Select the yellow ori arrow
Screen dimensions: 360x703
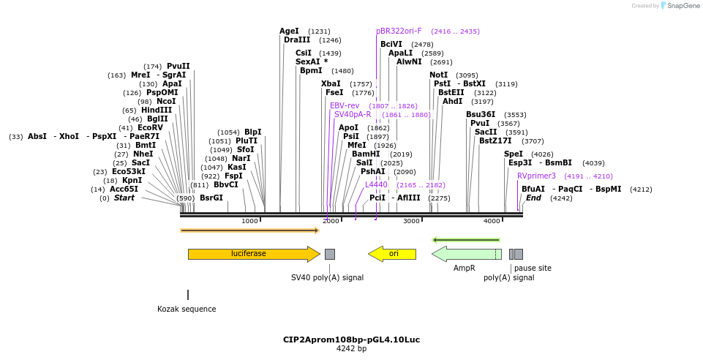pos(392,254)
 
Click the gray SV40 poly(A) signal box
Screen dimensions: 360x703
pos(330,254)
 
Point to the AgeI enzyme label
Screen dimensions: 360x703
pos(289,31)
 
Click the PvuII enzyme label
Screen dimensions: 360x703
pos(178,67)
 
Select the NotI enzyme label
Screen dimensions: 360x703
pos(438,75)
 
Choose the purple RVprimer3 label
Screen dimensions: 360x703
pos(536,176)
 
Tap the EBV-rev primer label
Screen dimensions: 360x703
pos(345,106)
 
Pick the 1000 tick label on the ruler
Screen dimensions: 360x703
pos(249,221)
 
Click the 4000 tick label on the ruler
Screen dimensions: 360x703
pos(492,221)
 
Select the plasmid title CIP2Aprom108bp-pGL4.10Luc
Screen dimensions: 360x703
pos(351,340)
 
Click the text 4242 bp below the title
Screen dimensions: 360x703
pos(351,349)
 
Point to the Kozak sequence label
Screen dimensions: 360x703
pos(187,309)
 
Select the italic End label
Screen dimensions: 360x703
pos(533,198)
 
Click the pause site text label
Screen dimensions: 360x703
pos(533,269)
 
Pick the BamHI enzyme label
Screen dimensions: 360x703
pos(366,154)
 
